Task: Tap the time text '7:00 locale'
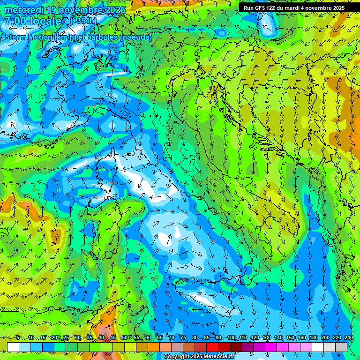coord(33,21)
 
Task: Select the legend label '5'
coord(18,338)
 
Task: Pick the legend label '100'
coord(231,338)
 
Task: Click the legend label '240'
coord(349,338)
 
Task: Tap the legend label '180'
coord(314,338)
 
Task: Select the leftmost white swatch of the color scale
coord(13,347)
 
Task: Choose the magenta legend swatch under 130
coord(271,347)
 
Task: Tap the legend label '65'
coord(160,338)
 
